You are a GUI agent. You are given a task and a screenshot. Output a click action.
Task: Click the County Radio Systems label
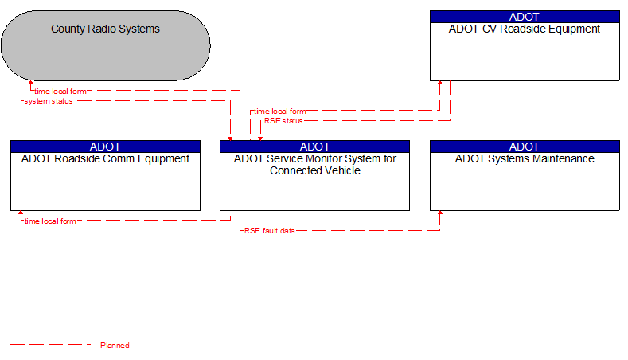pos(105,29)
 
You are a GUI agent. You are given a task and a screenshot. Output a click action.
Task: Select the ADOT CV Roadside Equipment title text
pos(525,29)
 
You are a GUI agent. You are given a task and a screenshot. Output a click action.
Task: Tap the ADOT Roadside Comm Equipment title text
pos(105,158)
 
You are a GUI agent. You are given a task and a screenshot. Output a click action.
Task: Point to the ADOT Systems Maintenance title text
pos(525,158)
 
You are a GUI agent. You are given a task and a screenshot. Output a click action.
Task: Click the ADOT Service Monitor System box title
pos(314,164)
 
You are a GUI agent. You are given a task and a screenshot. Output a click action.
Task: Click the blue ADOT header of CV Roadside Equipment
pos(525,17)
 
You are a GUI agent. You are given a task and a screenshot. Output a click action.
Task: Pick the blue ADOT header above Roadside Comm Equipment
pos(105,147)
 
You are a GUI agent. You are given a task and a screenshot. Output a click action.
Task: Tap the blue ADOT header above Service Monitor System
pos(314,147)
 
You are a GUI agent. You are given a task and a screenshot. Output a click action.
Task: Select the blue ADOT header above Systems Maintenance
pos(525,147)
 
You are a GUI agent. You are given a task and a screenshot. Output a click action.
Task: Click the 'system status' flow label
pos(49,101)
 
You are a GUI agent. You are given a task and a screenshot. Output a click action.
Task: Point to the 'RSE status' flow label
pos(283,121)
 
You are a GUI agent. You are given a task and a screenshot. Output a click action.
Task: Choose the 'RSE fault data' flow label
pos(269,231)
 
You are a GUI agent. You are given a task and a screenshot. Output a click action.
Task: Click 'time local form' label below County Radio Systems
pos(60,92)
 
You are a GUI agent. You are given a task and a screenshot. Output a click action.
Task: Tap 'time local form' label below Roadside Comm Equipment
pos(50,221)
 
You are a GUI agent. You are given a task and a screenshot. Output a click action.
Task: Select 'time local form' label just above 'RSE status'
pos(280,112)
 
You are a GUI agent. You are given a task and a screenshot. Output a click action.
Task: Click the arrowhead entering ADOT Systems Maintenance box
pos(439,214)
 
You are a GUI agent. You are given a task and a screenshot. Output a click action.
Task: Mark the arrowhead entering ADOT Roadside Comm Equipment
pos(21,214)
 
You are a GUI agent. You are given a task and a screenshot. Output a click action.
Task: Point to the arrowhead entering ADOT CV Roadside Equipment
pos(439,84)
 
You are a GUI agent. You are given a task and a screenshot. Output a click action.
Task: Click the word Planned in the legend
pos(115,346)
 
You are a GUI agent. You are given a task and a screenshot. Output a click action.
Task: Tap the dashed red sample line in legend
pos(50,345)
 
